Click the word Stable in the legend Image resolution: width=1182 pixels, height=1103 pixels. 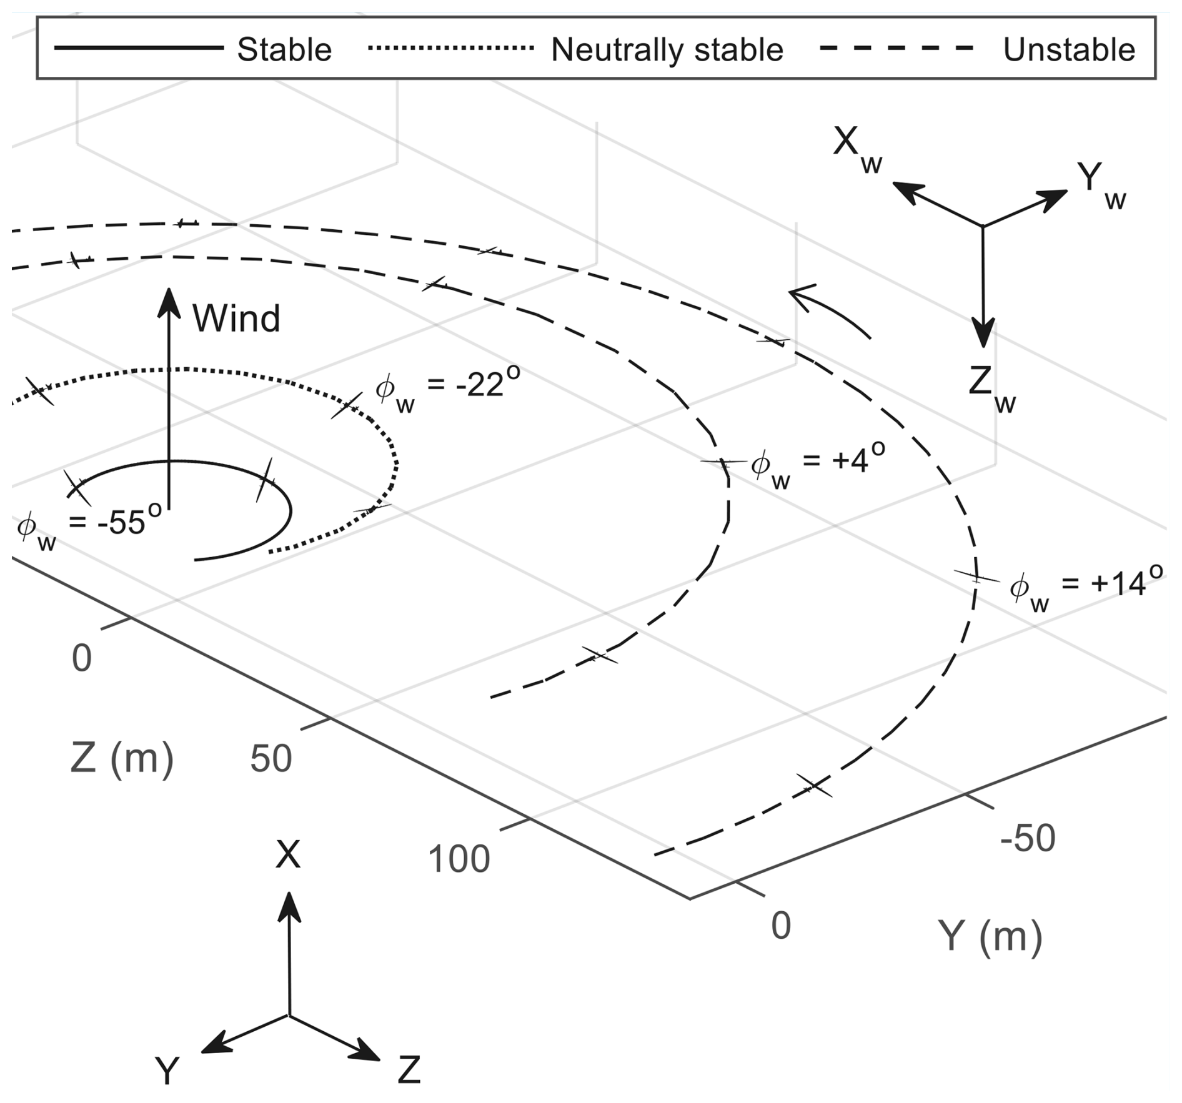pyautogui.click(x=284, y=50)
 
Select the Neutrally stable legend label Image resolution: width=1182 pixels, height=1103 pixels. pyautogui.click(x=667, y=50)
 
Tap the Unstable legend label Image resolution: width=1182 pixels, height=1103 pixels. pyautogui.click(x=1068, y=50)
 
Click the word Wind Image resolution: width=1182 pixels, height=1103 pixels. pyautogui.click(x=236, y=319)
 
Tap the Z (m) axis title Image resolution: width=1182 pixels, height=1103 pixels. pyautogui.click(x=122, y=758)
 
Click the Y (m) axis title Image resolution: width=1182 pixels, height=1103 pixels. pyautogui.click(x=990, y=936)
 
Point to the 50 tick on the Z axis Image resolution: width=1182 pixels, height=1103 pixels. pyautogui.click(x=271, y=759)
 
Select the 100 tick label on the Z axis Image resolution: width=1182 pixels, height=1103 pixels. pyautogui.click(x=459, y=859)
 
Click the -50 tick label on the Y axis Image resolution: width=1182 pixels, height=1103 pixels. pyautogui.click(x=1028, y=838)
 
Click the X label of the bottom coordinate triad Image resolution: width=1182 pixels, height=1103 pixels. pyautogui.click(x=288, y=854)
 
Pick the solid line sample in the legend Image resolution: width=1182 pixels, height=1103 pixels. pyautogui.click(x=139, y=47)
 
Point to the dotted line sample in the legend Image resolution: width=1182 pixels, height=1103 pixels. pyautogui.click(x=450, y=47)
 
